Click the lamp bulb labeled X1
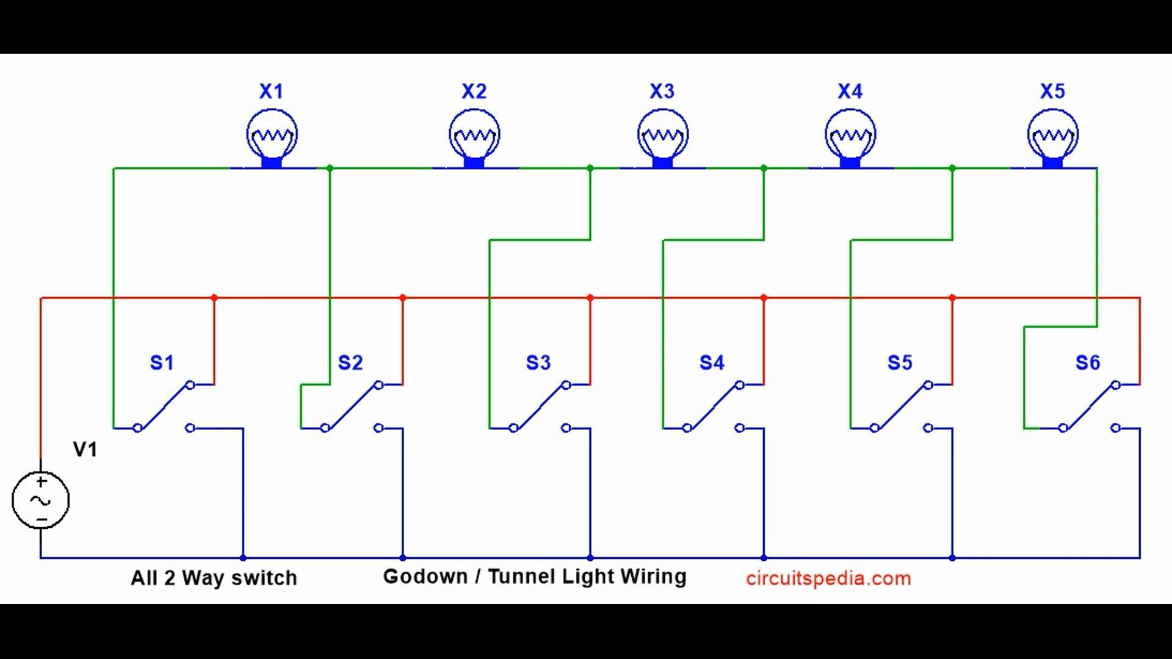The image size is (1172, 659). [x=272, y=138]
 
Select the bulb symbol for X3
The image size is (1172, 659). [x=662, y=138]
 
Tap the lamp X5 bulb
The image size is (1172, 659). [x=1052, y=138]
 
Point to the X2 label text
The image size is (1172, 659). [x=474, y=92]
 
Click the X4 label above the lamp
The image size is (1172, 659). [x=850, y=92]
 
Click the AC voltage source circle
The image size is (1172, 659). [x=40, y=500]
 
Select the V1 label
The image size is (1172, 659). [x=85, y=450]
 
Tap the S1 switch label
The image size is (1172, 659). [x=162, y=362]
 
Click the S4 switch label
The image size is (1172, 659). [x=712, y=362]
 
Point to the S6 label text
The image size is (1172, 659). [x=1088, y=362]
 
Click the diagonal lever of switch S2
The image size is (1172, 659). [x=352, y=406]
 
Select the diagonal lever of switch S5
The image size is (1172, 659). [x=902, y=406]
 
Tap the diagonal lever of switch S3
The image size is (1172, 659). [x=540, y=406]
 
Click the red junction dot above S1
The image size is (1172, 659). [x=214, y=298]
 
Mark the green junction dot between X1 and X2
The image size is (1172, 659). [x=330, y=168]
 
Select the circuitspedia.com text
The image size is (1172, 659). [x=828, y=578]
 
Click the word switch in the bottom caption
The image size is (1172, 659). [x=264, y=577]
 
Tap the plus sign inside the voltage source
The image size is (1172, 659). [x=41, y=482]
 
